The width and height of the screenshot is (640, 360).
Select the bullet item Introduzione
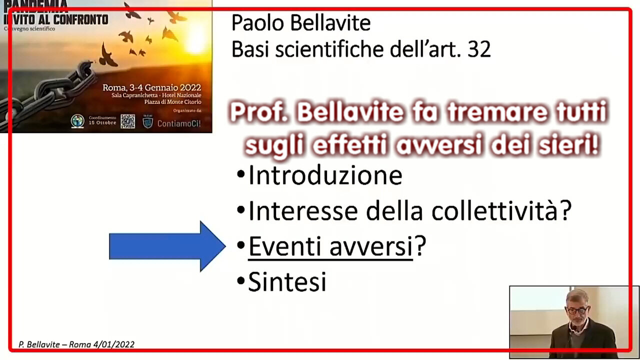(x=325, y=175)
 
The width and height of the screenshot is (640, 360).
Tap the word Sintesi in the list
(x=287, y=282)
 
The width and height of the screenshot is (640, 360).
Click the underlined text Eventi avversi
(x=330, y=247)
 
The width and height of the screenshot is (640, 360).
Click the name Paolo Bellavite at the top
(x=300, y=23)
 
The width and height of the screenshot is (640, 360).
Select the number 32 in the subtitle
(x=478, y=49)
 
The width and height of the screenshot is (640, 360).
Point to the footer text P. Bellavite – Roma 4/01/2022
(x=76, y=344)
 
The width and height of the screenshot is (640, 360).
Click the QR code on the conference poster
(x=127, y=121)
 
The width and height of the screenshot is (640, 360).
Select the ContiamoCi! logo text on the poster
(x=179, y=122)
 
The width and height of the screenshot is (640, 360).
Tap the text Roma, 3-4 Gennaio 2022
(x=151, y=87)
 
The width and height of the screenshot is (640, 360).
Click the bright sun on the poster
(x=195, y=37)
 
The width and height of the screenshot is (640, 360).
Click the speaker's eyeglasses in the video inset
(x=577, y=310)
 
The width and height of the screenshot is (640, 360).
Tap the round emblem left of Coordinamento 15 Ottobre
(x=77, y=121)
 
